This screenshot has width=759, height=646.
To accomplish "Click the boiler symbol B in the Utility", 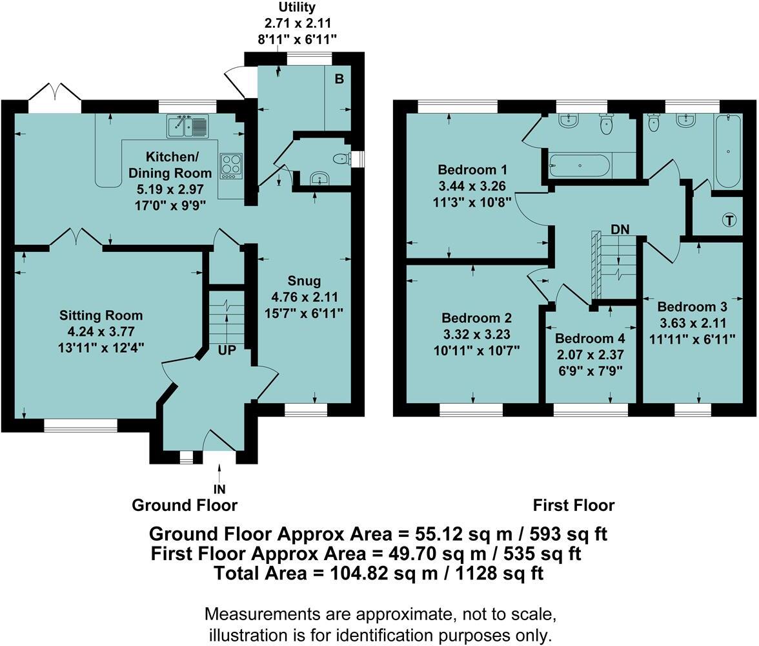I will point(338,80).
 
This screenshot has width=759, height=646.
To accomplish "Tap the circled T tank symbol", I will point(729,221).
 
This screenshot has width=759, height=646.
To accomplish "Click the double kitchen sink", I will point(187,126).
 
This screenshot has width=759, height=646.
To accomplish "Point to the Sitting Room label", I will point(101,316).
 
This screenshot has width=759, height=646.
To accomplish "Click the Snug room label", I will point(305,281).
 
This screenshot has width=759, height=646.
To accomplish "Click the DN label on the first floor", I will point(620,229).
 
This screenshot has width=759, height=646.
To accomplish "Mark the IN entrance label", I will point(220,490).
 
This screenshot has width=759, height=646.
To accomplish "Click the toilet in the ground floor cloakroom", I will point(340,159).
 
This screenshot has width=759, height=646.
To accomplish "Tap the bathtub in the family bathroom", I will point(728,151).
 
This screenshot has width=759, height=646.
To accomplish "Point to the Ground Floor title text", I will point(185,505).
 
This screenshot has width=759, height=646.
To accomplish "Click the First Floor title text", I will point(574,505).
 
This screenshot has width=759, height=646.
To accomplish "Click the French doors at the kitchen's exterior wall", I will point(55,93).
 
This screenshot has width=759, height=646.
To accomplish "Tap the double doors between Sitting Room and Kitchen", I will point(76,237).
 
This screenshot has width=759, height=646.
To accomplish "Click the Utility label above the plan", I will point(297,8).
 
